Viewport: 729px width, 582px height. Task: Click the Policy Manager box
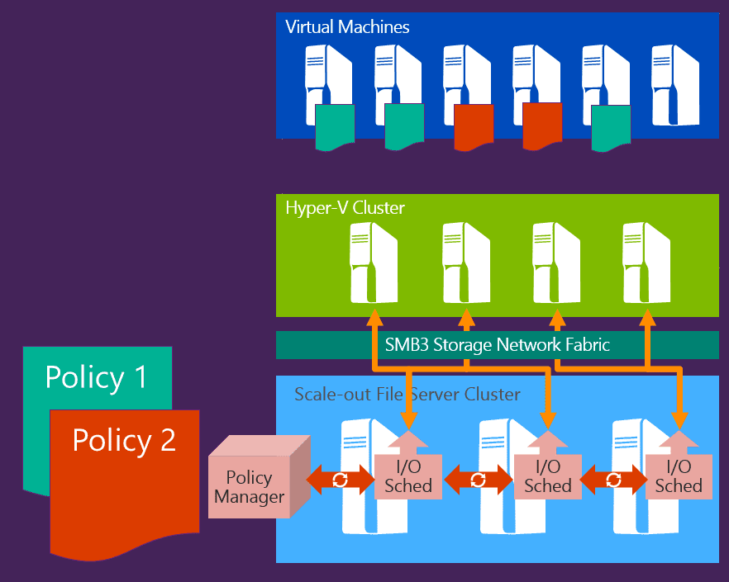pyautogui.click(x=249, y=487)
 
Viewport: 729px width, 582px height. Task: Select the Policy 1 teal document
pyautogui.click(x=96, y=376)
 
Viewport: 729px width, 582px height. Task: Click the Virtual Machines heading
pyautogui.click(x=347, y=26)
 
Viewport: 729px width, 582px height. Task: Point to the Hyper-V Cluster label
pyautogui.click(x=345, y=207)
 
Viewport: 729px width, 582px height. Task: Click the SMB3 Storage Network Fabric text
pyautogui.click(x=497, y=344)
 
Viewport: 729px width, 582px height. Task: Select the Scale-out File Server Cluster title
pyautogui.click(x=407, y=394)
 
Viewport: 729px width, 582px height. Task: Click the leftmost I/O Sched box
pyautogui.click(x=408, y=476)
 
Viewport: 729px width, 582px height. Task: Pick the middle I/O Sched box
pyautogui.click(x=547, y=476)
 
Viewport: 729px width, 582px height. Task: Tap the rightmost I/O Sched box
pyautogui.click(x=679, y=476)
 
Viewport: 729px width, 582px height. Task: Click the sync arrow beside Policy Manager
pyautogui.click(x=340, y=480)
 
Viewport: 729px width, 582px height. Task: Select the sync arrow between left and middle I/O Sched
pyautogui.click(x=478, y=480)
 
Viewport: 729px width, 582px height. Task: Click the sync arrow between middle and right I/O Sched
pyautogui.click(x=613, y=480)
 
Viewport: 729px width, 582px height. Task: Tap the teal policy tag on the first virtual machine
pyautogui.click(x=335, y=127)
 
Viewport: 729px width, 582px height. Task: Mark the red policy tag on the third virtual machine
pyautogui.click(x=474, y=127)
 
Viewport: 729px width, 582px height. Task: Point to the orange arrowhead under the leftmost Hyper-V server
pyautogui.click(x=374, y=319)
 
